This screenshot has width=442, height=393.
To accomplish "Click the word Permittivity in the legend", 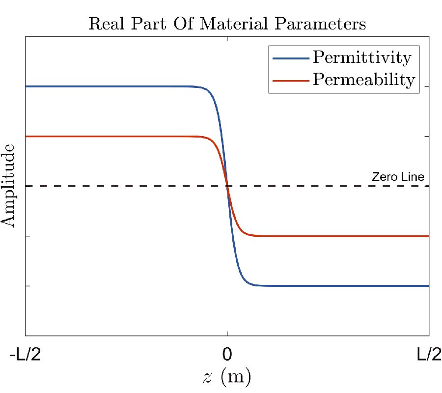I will point(361,58).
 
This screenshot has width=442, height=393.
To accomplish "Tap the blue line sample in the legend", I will point(289,58).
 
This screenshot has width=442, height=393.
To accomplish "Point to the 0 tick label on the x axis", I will point(227,355).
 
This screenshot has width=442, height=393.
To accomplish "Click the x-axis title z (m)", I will point(227,377).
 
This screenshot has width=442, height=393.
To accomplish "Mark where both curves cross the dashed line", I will point(227,186).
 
